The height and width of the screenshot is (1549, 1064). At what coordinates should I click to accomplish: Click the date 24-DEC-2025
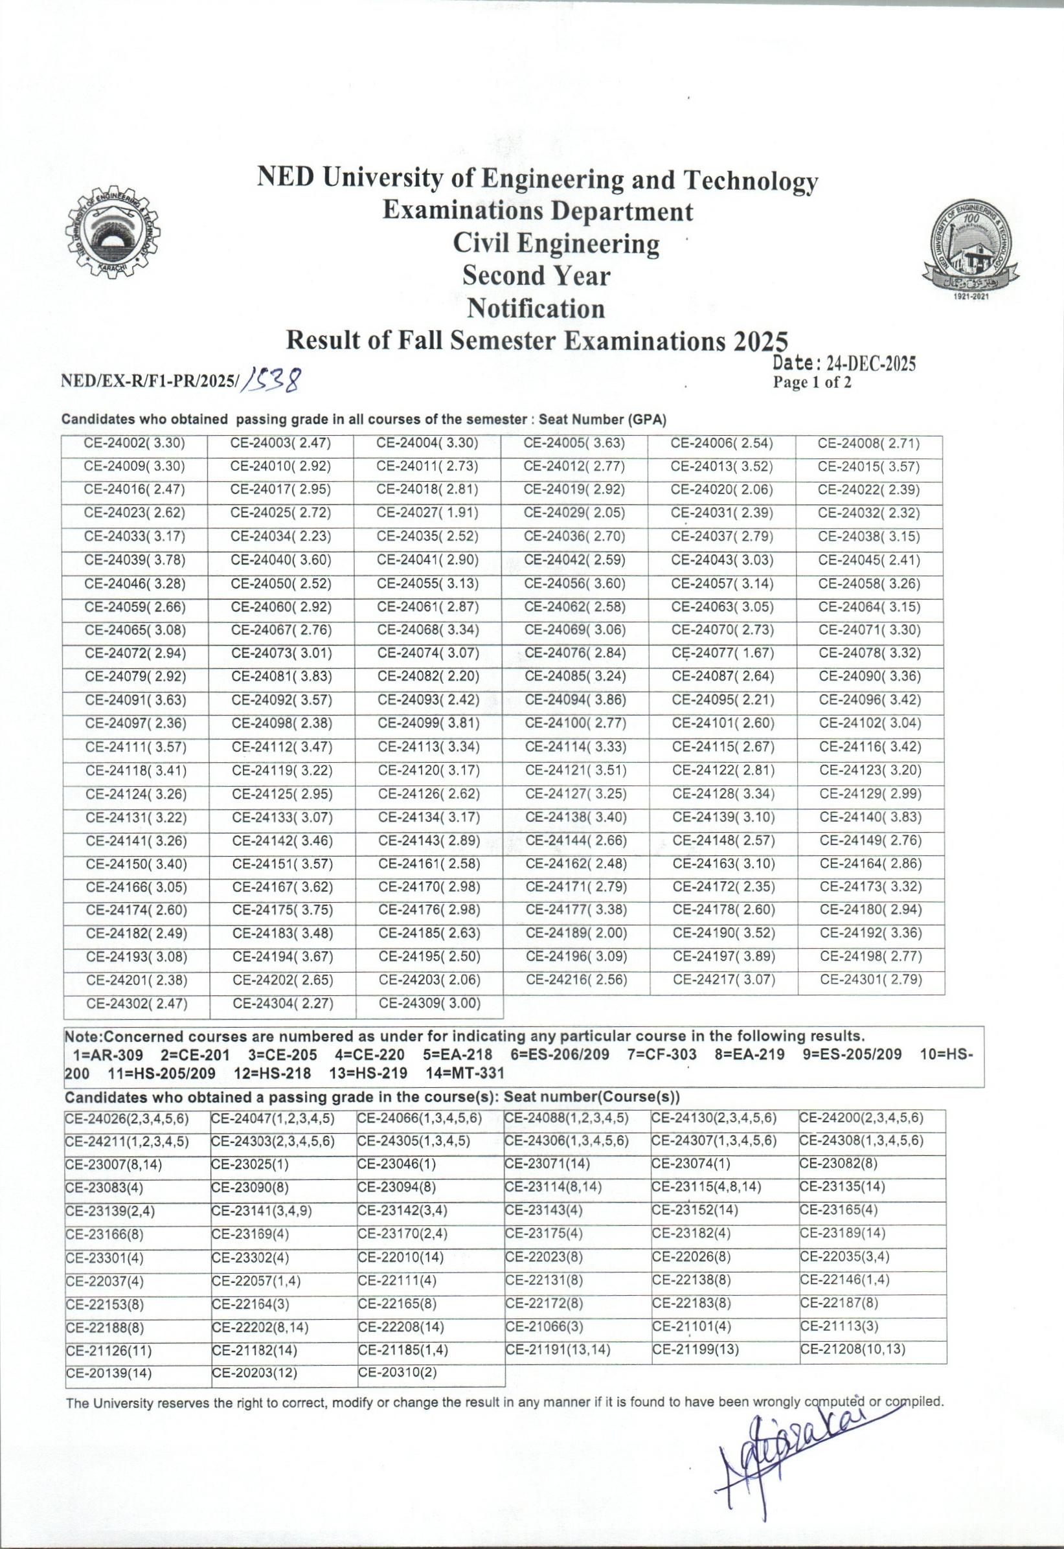click(870, 364)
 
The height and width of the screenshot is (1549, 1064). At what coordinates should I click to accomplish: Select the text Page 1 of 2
click(811, 383)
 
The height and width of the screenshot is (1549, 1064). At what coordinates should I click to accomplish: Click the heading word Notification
click(536, 308)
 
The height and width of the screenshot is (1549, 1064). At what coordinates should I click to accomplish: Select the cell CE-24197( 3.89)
click(723, 957)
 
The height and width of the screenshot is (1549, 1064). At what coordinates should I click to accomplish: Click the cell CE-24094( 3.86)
click(575, 700)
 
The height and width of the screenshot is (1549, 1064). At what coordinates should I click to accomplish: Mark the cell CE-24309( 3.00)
click(429, 1003)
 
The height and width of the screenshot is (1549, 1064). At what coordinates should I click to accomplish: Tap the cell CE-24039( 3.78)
click(135, 561)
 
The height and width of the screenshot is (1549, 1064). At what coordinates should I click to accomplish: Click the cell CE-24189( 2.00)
click(576, 934)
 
